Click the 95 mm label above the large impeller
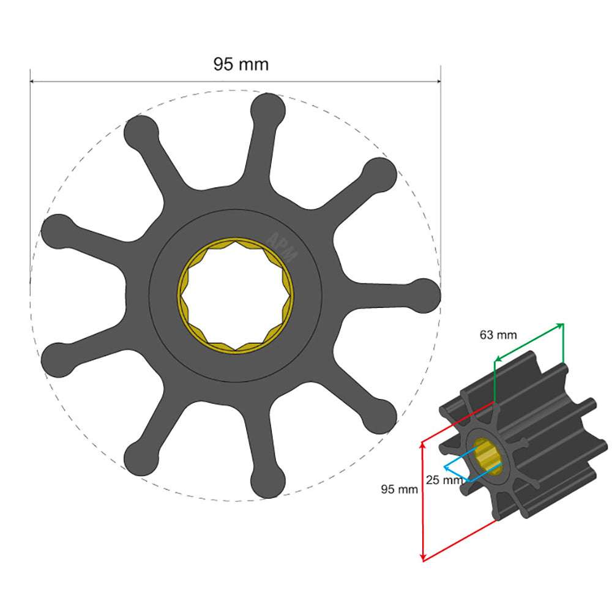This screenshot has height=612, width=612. pyautogui.click(x=241, y=64)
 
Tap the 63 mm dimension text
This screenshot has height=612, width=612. pyautogui.click(x=498, y=335)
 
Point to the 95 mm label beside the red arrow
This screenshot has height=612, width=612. pyautogui.click(x=399, y=489)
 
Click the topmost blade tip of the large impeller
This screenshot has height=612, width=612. pyautogui.click(x=268, y=110)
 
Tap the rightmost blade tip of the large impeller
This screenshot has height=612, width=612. pyautogui.click(x=424, y=294)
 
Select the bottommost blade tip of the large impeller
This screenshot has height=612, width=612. pyautogui.click(x=268, y=480)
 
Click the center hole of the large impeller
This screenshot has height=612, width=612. pyautogui.click(x=236, y=295)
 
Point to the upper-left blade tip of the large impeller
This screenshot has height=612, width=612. pyautogui.click(x=141, y=132)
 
